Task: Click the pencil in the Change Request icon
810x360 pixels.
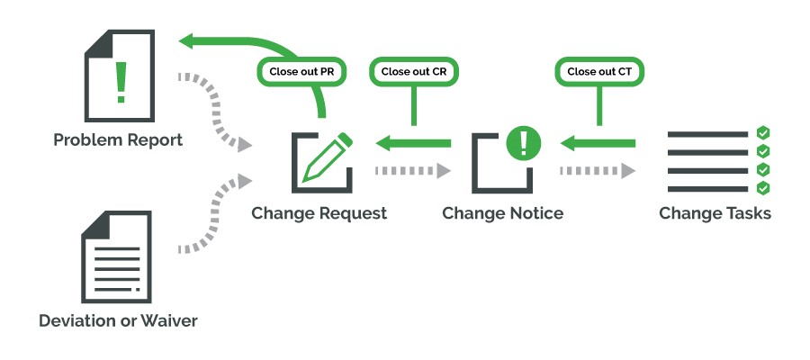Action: pyautogui.click(x=326, y=157)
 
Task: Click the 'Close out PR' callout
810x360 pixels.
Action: pyautogui.click(x=300, y=71)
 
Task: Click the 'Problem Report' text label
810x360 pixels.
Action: pyautogui.click(x=118, y=140)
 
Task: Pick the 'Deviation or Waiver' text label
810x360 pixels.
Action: pyautogui.click(x=118, y=320)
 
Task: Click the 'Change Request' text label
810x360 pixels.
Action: pyautogui.click(x=319, y=213)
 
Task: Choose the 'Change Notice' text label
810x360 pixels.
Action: pyautogui.click(x=503, y=213)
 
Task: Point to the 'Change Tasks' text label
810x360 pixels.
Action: pyautogui.click(x=715, y=213)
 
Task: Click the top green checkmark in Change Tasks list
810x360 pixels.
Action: pyautogui.click(x=762, y=133)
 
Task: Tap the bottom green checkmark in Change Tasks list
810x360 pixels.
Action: pyautogui.click(x=762, y=188)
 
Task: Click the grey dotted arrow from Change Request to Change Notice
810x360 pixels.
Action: pyautogui.click(x=411, y=170)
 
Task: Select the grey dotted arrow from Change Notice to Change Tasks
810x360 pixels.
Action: pyautogui.click(x=597, y=170)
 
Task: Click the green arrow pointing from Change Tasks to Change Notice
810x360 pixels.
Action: pyautogui.click(x=597, y=142)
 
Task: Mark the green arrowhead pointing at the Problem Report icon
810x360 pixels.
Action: pyautogui.click(x=189, y=40)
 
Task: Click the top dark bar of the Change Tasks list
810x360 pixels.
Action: pyautogui.click(x=707, y=134)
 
